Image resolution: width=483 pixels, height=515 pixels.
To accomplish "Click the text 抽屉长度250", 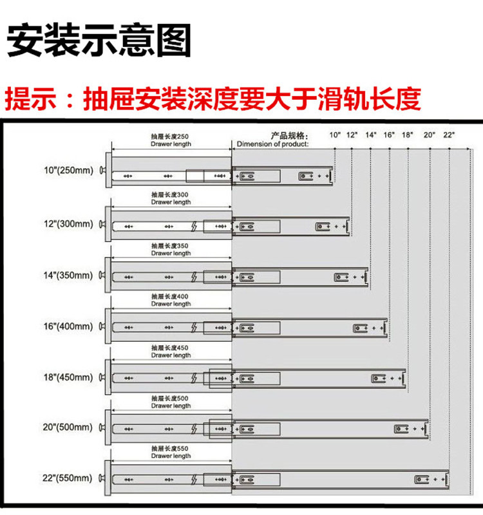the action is tap(171, 136).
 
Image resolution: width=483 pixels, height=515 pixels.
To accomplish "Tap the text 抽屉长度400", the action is tap(171, 296).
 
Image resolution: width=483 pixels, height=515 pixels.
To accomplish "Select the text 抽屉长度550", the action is tap(171, 448).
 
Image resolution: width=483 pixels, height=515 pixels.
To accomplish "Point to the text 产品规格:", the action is tap(289, 136).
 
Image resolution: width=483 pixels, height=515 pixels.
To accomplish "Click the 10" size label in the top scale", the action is tap(335, 135).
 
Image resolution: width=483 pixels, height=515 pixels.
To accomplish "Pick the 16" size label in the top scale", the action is tap(389, 135).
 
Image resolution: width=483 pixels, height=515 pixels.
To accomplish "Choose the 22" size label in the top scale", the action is tap(449, 135).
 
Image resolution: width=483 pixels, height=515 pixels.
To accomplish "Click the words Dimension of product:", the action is tap(272, 144).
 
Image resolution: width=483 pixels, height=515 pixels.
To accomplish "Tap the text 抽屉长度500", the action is tap(171, 398).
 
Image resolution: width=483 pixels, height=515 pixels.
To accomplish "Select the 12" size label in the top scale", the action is tap(352, 135).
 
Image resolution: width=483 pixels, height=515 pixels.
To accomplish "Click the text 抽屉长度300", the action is tap(171, 194).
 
